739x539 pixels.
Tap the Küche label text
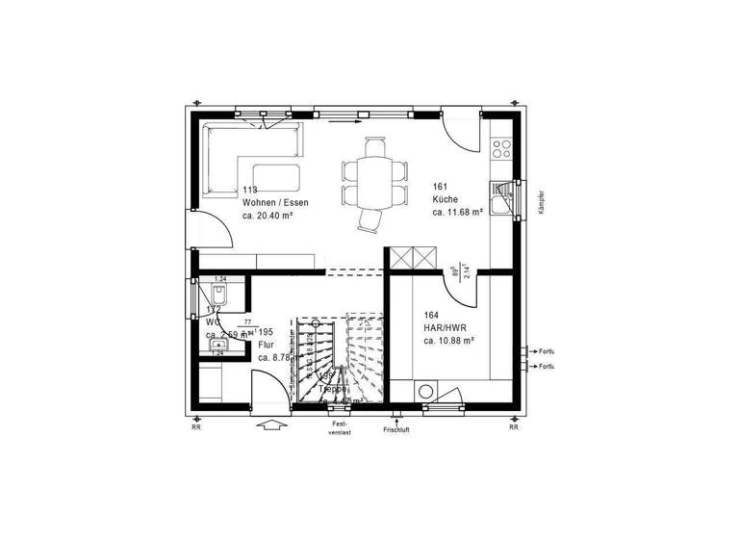444,200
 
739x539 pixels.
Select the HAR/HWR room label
444,327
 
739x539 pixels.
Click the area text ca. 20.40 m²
268,217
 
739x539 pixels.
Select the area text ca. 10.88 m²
449,340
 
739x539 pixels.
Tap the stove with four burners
501,148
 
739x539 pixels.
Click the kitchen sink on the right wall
500,199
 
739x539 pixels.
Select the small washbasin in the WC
218,342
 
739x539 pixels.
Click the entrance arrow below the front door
272,426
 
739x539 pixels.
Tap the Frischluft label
396,430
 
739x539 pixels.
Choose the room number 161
441,188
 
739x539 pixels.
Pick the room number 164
432,315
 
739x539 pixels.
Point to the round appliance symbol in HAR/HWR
424,392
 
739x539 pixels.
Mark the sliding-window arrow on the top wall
344,122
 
